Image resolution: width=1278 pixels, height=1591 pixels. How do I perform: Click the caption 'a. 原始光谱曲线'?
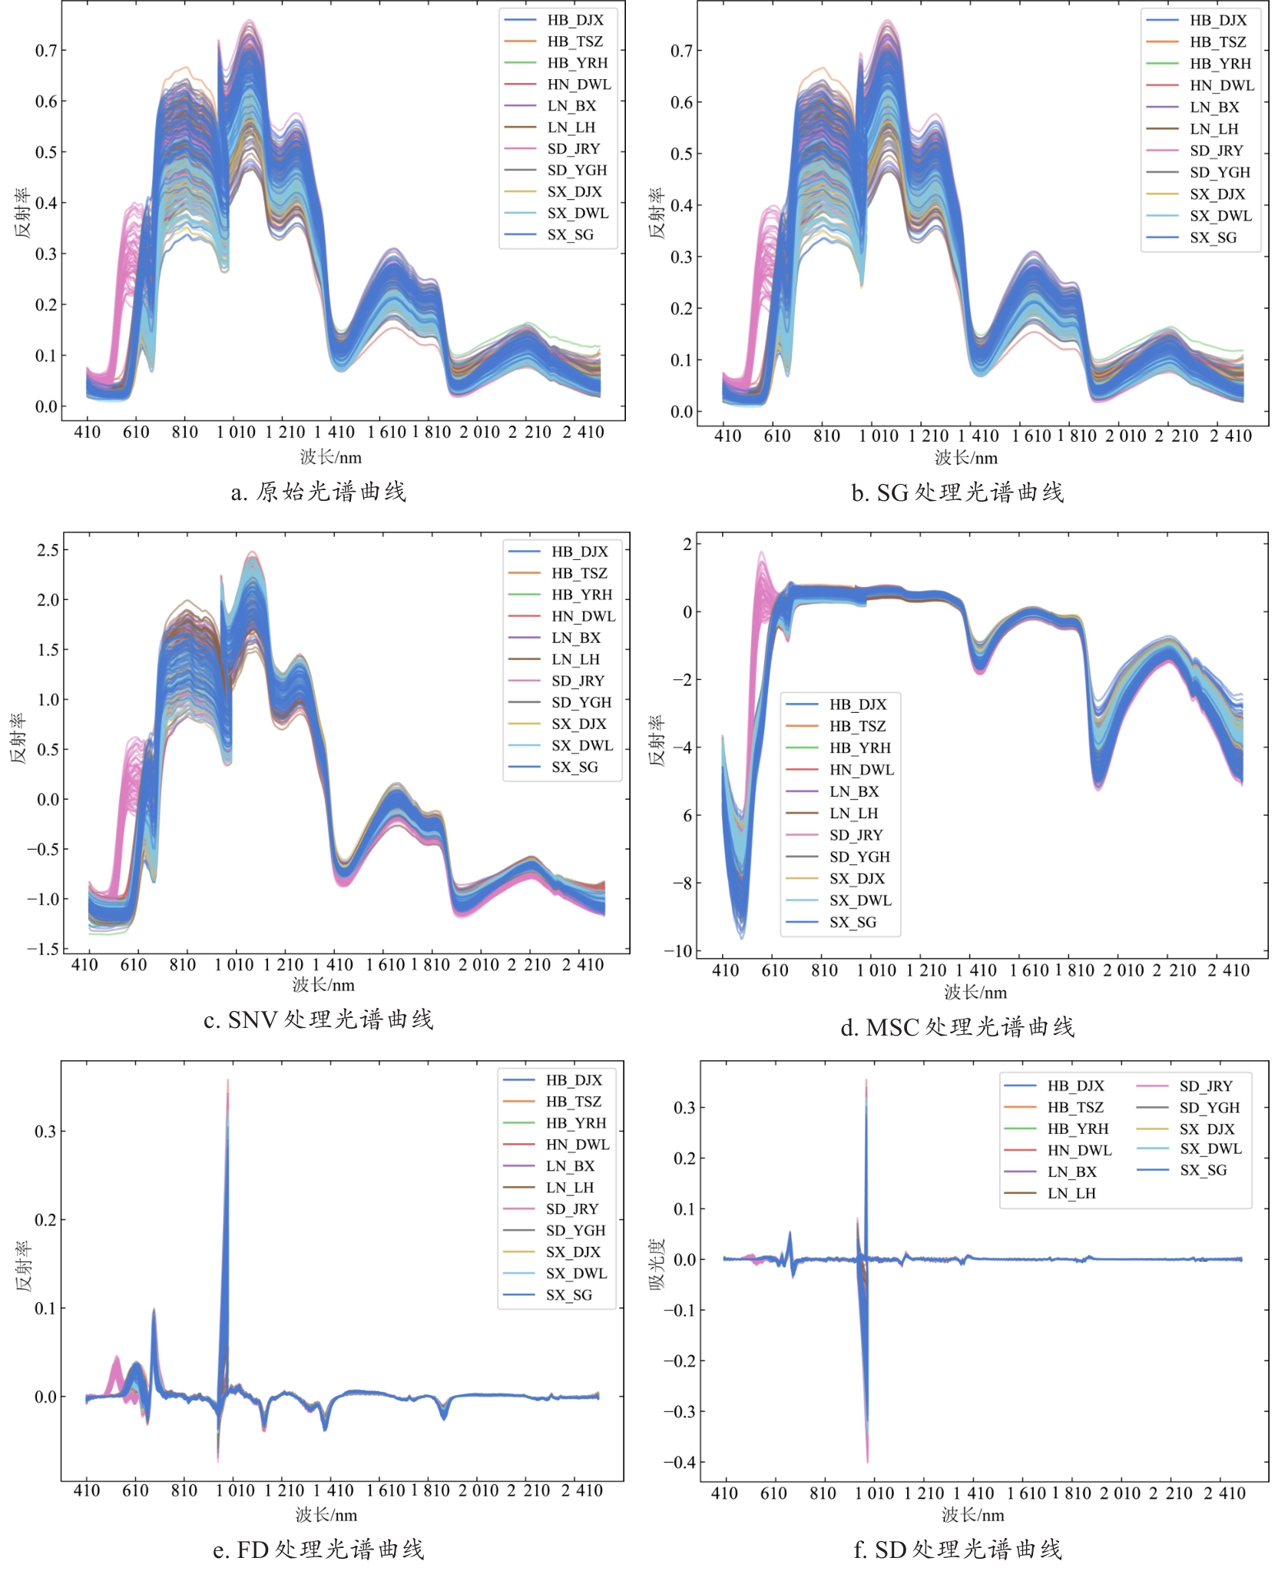click(x=318, y=492)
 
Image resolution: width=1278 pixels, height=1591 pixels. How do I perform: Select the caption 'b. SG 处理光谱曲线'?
click(x=957, y=492)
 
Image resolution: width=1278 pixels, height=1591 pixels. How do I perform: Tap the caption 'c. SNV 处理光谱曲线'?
click(x=318, y=1019)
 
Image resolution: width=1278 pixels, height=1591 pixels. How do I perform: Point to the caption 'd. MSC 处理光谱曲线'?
click(x=957, y=1027)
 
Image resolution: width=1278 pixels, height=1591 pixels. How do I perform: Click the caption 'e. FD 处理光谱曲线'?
click(x=318, y=1550)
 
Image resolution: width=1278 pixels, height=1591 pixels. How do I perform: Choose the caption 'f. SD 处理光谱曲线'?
click(x=957, y=1550)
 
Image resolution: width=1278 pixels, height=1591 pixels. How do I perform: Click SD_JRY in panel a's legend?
click(x=573, y=149)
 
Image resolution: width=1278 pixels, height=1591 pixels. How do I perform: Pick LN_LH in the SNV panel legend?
click(x=575, y=659)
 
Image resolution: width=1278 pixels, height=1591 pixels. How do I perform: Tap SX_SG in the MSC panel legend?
click(x=853, y=922)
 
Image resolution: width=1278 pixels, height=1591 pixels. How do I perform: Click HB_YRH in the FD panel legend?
click(x=576, y=1123)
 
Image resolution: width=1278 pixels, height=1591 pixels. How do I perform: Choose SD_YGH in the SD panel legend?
click(x=1209, y=1108)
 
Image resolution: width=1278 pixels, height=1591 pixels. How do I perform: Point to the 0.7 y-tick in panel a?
click(x=46, y=51)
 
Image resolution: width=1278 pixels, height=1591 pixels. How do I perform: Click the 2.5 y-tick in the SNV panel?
click(x=48, y=550)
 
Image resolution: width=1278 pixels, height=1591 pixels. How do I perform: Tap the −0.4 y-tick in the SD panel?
click(x=679, y=1463)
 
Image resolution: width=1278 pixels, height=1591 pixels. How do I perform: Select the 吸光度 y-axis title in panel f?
click(x=657, y=1264)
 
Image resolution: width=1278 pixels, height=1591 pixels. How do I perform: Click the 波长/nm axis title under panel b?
click(x=966, y=459)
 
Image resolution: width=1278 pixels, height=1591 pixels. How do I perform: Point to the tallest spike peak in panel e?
click(x=228, y=1082)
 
